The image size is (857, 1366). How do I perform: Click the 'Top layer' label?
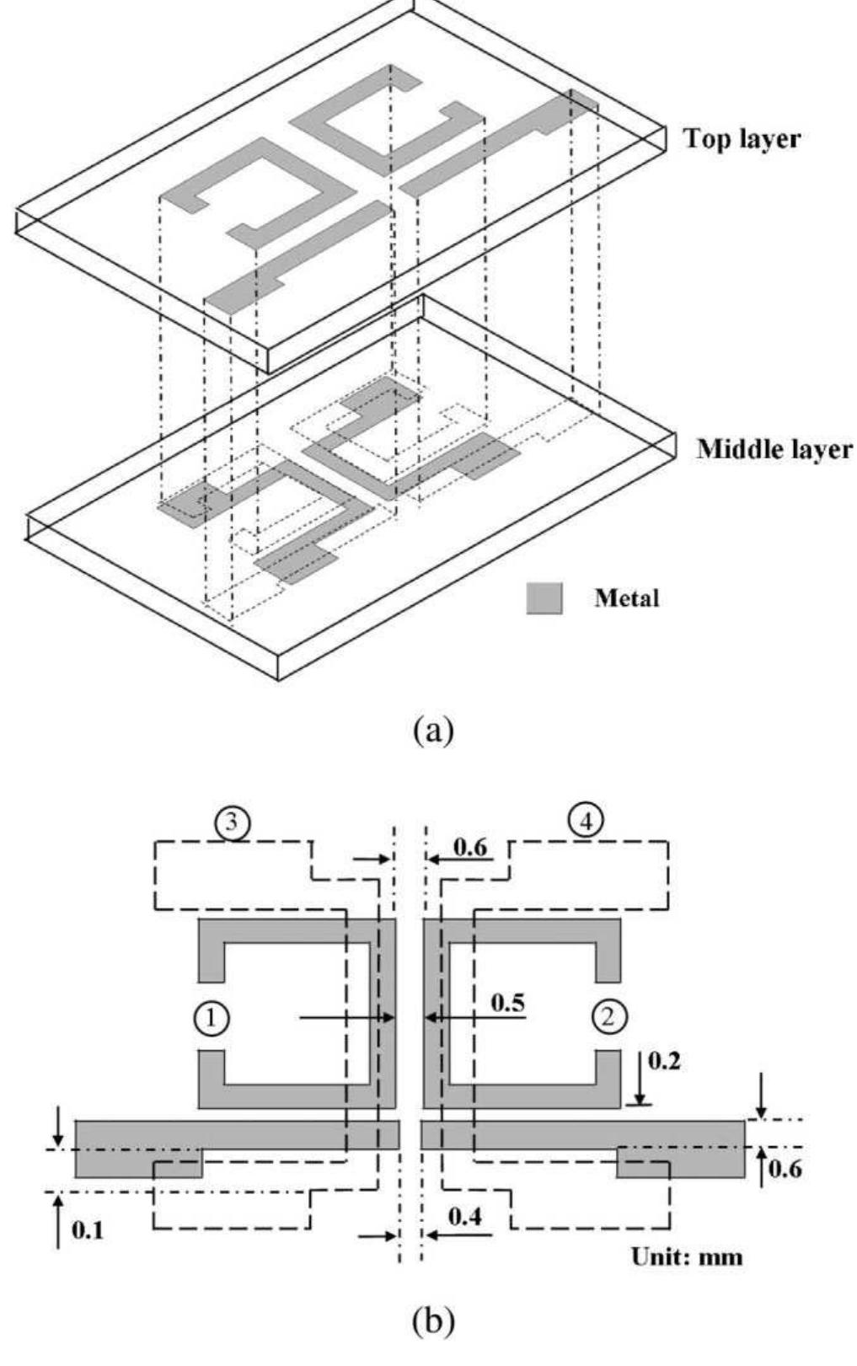742,139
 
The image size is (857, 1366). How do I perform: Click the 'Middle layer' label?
774,449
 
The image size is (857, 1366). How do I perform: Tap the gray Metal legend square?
544,598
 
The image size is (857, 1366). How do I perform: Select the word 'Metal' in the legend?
627,599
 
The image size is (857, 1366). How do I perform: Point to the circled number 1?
211,1017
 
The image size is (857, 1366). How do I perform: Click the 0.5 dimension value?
506,1001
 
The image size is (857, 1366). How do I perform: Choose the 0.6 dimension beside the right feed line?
785,1170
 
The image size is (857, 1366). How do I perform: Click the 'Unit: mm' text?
687,1257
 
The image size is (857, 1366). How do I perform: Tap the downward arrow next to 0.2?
640,1079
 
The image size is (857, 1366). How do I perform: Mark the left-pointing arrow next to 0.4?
459,1235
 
